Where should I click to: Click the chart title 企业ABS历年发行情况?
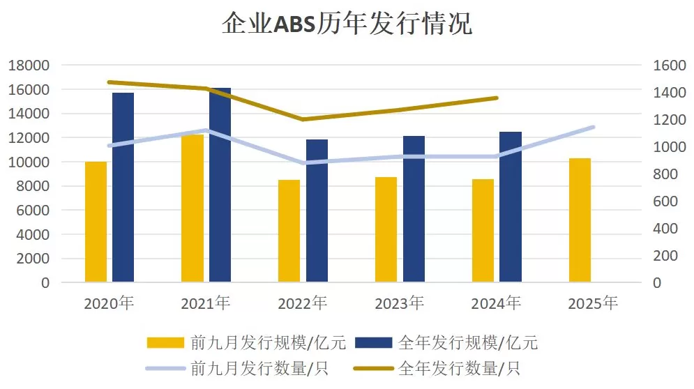point(347,24)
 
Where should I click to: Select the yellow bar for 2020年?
point(96,222)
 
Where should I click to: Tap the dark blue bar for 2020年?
point(123,188)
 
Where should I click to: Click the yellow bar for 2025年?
point(580,220)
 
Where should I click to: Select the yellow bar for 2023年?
point(386,229)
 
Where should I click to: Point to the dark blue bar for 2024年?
point(511,207)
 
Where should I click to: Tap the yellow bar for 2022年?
point(289,231)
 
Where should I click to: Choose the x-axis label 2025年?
point(593,304)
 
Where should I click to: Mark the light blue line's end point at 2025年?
point(593,127)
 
